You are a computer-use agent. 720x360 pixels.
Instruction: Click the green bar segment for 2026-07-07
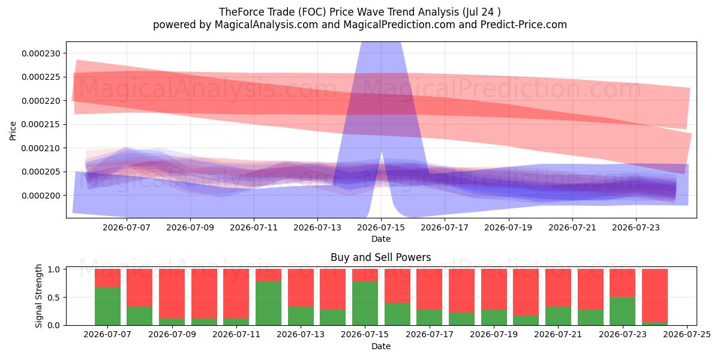pyautogui.click(x=107, y=306)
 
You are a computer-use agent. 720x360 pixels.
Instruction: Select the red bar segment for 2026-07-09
pyautogui.click(x=172, y=294)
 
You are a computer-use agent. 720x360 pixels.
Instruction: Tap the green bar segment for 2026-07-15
pyautogui.click(x=365, y=303)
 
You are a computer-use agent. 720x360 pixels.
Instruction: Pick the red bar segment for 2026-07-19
pyautogui.click(x=494, y=289)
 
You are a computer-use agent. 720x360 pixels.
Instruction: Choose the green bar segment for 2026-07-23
pyautogui.click(x=623, y=311)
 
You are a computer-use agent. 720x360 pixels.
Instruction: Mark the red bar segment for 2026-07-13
pyautogui.click(x=301, y=287)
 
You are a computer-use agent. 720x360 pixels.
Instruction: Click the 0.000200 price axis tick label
pyautogui.click(x=41, y=196)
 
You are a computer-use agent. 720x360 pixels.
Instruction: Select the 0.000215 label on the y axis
pyautogui.click(x=41, y=124)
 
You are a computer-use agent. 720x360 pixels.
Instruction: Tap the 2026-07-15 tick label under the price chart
pyautogui.click(x=381, y=227)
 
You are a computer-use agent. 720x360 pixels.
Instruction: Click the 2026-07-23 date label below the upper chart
pyautogui.click(x=636, y=227)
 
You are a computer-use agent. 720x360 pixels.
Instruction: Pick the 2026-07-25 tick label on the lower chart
pyautogui.click(x=687, y=335)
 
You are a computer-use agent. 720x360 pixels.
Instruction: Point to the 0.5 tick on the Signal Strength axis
pyautogui.click(x=55, y=298)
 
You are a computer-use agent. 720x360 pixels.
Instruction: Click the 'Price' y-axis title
pyautogui.click(x=13, y=131)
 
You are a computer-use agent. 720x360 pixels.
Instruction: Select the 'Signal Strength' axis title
pyautogui.click(x=38, y=296)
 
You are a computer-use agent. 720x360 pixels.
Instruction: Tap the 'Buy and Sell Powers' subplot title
pyautogui.click(x=381, y=257)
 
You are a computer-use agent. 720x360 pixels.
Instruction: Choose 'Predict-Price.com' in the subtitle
pyautogui.click(x=524, y=25)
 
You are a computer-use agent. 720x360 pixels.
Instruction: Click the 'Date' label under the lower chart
pyautogui.click(x=381, y=346)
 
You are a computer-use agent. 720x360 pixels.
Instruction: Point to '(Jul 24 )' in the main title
pyautogui.click(x=481, y=12)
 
